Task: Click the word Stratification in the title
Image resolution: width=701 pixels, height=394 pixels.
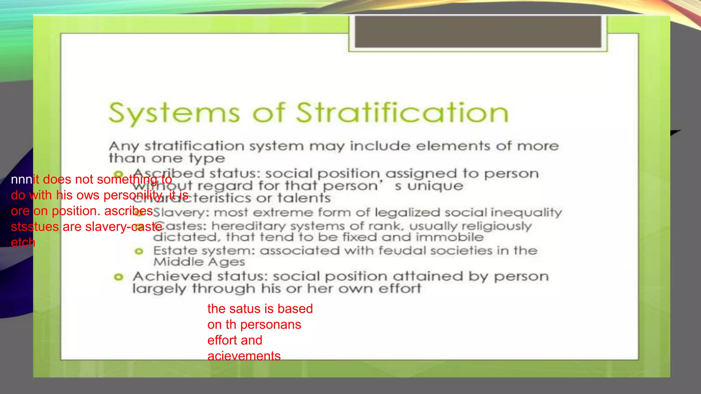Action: (402, 113)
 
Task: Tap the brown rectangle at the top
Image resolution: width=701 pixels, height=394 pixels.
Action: (478, 31)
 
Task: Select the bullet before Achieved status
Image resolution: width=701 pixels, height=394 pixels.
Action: (118, 277)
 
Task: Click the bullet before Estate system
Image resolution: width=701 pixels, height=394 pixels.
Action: (139, 252)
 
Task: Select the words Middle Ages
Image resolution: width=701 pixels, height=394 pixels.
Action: (199, 262)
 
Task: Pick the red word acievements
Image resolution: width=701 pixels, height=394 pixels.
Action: (244, 356)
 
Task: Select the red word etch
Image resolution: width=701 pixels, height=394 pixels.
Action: (23, 242)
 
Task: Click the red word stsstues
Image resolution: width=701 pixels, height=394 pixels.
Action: (35, 227)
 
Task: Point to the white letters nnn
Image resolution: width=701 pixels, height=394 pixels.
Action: (22, 180)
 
